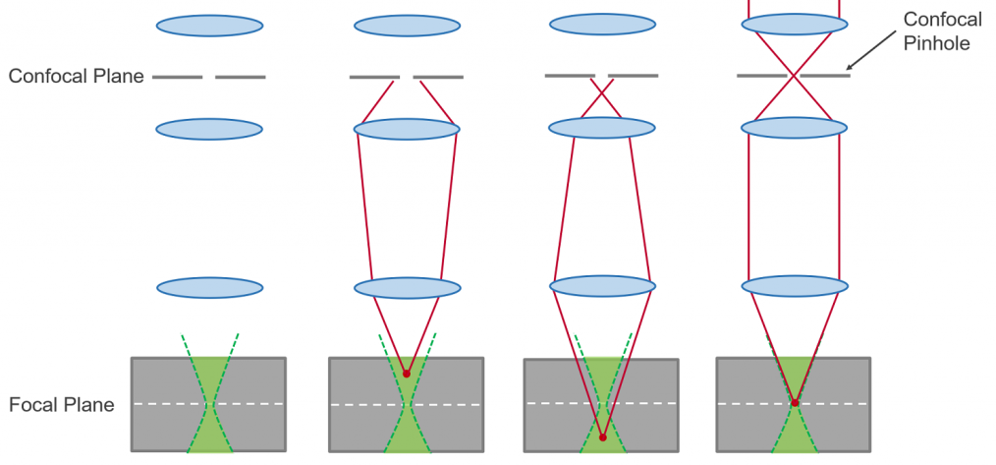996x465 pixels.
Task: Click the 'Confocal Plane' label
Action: [x=77, y=76]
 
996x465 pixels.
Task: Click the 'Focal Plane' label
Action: [x=62, y=404]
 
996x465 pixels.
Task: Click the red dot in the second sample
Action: [x=407, y=374]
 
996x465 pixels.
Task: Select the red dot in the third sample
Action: [x=602, y=437]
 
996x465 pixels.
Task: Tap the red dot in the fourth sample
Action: [x=795, y=402]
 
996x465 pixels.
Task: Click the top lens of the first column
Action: [x=209, y=26]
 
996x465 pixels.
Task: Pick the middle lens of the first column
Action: [x=209, y=130]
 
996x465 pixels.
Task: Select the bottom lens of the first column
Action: [x=210, y=287]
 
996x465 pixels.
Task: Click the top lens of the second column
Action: [x=407, y=26]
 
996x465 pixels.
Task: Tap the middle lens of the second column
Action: [x=407, y=130]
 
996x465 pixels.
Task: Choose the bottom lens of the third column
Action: [x=602, y=286]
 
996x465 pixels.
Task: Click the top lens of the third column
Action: [x=602, y=24]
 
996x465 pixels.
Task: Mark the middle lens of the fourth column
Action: [x=794, y=128]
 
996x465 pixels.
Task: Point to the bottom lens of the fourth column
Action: [x=794, y=286]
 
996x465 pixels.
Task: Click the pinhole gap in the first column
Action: [x=209, y=77]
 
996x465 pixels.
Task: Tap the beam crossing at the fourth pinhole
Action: [x=794, y=75]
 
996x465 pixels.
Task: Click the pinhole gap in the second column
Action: [x=407, y=77]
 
